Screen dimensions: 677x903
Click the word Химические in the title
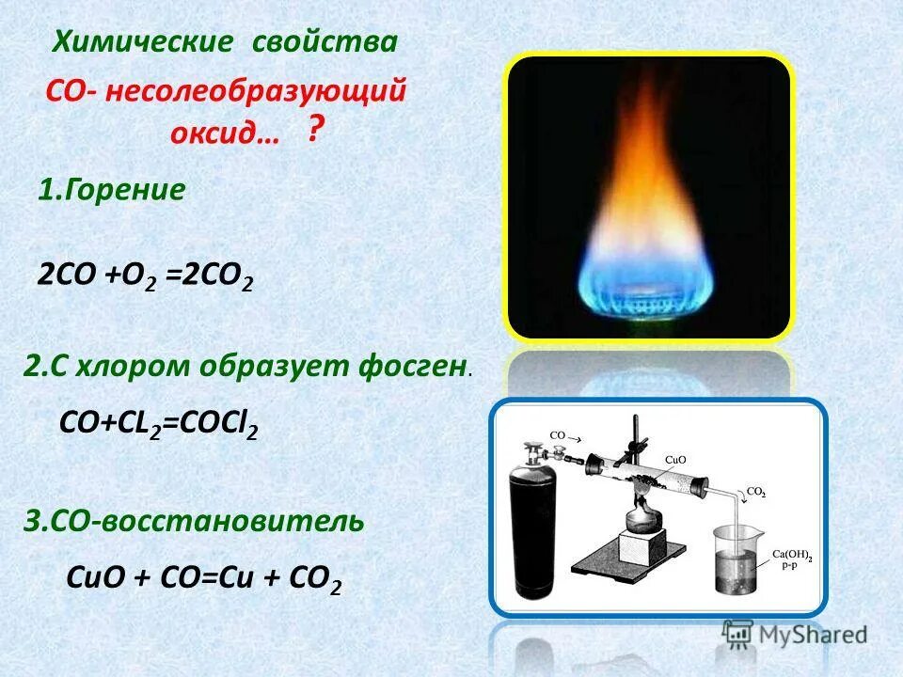141,42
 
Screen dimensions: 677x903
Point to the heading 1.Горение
111,190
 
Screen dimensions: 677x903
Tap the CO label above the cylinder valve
558,436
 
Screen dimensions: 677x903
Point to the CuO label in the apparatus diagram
674,459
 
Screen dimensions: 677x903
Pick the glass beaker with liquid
743,559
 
